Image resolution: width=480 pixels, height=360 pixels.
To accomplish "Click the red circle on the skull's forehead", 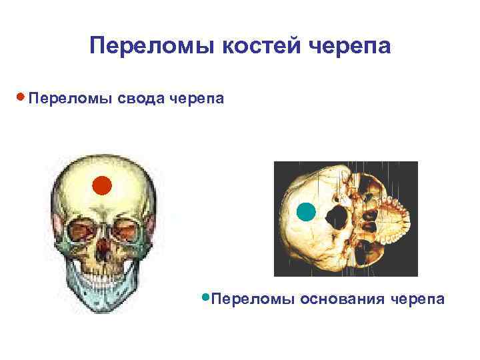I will click(101, 185).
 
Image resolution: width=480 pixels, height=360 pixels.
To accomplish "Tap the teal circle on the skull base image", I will click(305, 212).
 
